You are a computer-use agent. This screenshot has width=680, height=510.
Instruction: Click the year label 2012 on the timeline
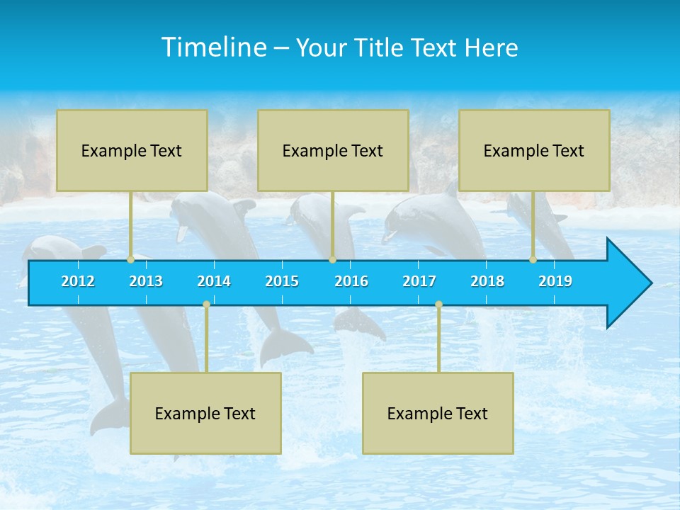click(78, 281)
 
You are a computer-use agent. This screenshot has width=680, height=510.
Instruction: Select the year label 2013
click(146, 281)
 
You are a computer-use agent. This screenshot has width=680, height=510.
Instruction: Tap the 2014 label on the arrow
click(214, 281)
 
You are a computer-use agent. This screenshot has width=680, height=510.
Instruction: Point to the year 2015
click(282, 281)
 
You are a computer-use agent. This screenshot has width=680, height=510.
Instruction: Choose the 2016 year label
click(351, 281)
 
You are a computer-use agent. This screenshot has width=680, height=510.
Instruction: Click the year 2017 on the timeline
click(419, 281)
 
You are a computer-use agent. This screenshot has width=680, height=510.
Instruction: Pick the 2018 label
click(487, 281)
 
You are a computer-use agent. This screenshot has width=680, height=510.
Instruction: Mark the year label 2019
click(555, 281)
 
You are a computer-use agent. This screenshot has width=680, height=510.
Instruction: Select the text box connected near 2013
click(132, 150)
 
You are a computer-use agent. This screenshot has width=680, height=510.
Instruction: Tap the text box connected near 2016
click(333, 150)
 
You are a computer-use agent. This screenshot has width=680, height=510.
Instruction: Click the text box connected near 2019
click(534, 150)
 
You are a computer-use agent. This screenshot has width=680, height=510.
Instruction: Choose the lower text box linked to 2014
click(205, 413)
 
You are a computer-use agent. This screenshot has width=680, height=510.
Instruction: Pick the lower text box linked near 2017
click(438, 413)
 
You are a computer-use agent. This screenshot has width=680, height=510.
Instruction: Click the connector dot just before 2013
click(131, 260)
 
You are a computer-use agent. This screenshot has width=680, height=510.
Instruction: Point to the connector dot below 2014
click(206, 304)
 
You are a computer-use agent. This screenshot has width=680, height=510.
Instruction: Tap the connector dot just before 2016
click(332, 260)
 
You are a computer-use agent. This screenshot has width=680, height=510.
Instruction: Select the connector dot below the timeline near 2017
click(438, 304)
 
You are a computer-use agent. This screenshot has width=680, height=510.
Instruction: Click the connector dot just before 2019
click(533, 260)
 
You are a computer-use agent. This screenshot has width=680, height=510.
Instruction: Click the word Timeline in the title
click(213, 47)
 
